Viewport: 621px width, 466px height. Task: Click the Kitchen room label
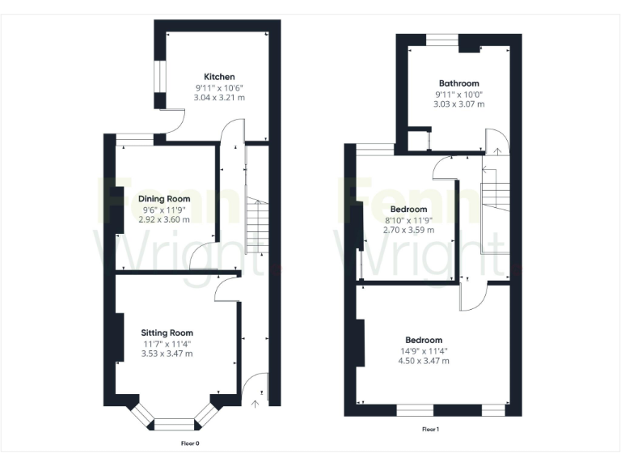tap(219, 77)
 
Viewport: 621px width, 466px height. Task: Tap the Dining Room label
tap(164, 199)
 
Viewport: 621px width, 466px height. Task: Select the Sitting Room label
tap(167, 333)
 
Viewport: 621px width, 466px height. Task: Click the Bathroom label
tap(459, 83)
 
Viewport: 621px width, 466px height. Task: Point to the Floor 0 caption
tap(190, 443)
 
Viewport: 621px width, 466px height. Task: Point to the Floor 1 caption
tap(430, 430)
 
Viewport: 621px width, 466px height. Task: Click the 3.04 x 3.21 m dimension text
tap(219, 97)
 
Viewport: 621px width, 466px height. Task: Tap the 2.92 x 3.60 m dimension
tap(164, 219)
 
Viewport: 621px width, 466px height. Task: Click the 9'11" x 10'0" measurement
tap(459, 94)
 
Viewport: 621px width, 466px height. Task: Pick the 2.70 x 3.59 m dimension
tap(408, 230)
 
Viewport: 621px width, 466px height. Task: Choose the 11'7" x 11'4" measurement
tap(167, 343)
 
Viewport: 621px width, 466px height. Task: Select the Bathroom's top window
tap(442, 37)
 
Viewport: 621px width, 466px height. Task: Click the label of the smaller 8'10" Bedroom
tap(408, 210)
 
